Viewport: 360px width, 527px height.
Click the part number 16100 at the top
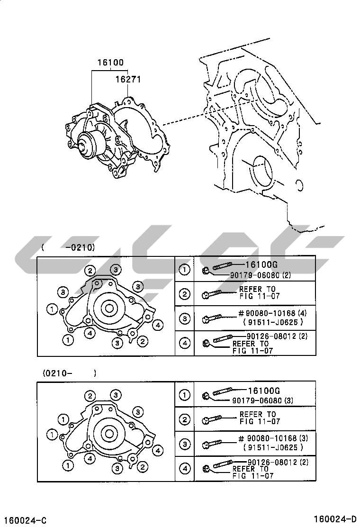coord(110,62)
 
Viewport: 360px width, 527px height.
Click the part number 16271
coord(128,80)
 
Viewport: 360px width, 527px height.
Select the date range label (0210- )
coord(69,373)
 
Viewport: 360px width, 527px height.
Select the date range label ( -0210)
coord(68,247)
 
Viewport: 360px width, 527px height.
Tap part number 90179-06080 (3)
coord(263,400)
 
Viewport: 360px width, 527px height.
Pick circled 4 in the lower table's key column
coord(184,469)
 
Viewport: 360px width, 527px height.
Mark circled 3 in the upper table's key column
coord(184,319)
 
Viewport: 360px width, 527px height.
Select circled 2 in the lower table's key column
coord(184,419)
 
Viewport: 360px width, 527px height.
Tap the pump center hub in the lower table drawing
coord(108,433)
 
